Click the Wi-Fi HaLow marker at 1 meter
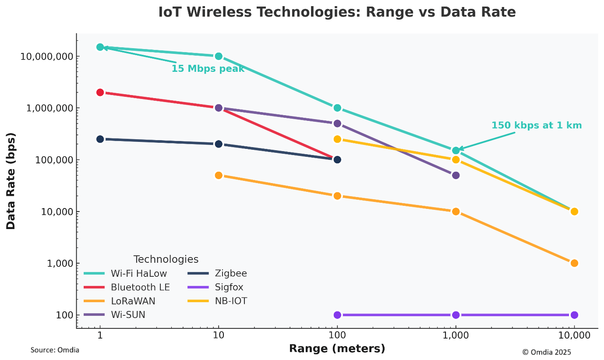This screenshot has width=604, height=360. click(x=100, y=47)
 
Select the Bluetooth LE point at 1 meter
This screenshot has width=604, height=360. click(x=100, y=92)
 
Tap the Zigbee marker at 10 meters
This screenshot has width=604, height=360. click(x=219, y=144)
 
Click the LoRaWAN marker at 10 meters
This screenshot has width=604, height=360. click(x=219, y=175)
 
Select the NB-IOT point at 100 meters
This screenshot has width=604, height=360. click(x=337, y=139)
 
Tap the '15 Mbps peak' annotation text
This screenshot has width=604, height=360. click(x=208, y=69)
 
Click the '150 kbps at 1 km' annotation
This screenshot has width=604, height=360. click(x=537, y=125)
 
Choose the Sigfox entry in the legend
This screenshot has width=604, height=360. click(x=229, y=287)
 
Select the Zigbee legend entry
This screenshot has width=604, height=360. click(x=231, y=274)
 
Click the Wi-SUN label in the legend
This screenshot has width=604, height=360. click(x=128, y=315)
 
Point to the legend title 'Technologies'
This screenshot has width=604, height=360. click(x=166, y=259)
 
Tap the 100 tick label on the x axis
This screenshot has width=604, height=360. click(x=337, y=336)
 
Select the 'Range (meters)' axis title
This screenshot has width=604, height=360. click(x=337, y=349)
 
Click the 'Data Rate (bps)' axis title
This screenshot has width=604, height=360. click(x=11, y=180)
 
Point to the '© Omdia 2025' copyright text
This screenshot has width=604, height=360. click(x=546, y=352)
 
